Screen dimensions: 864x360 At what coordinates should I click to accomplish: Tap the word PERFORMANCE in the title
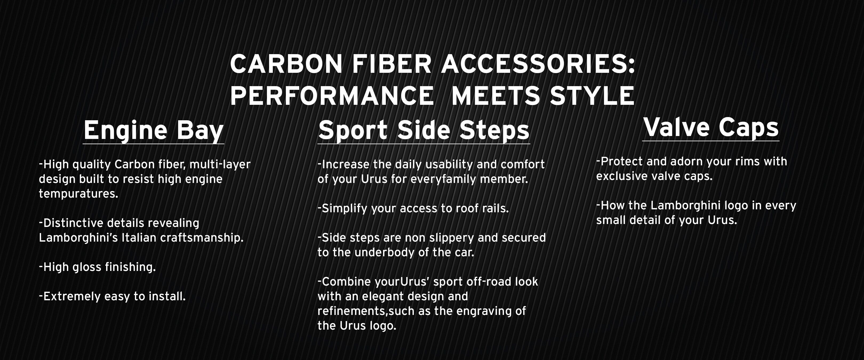(332, 96)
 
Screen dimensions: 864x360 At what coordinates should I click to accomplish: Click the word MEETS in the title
(496, 96)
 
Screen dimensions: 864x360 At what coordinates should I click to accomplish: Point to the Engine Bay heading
(154, 131)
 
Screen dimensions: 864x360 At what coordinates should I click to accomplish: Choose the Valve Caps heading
(711, 127)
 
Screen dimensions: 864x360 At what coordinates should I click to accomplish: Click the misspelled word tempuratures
(78, 194)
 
